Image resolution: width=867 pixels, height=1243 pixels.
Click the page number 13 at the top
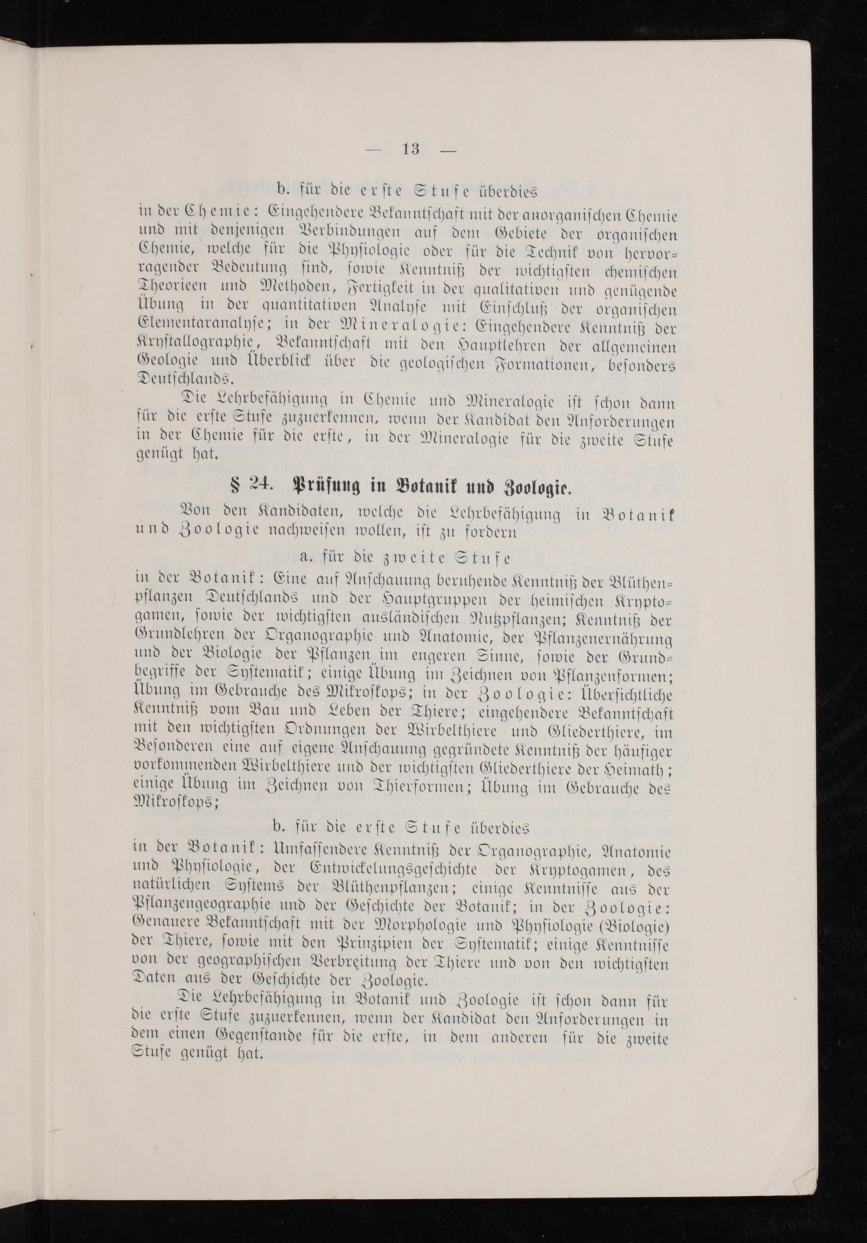point(411,149)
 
